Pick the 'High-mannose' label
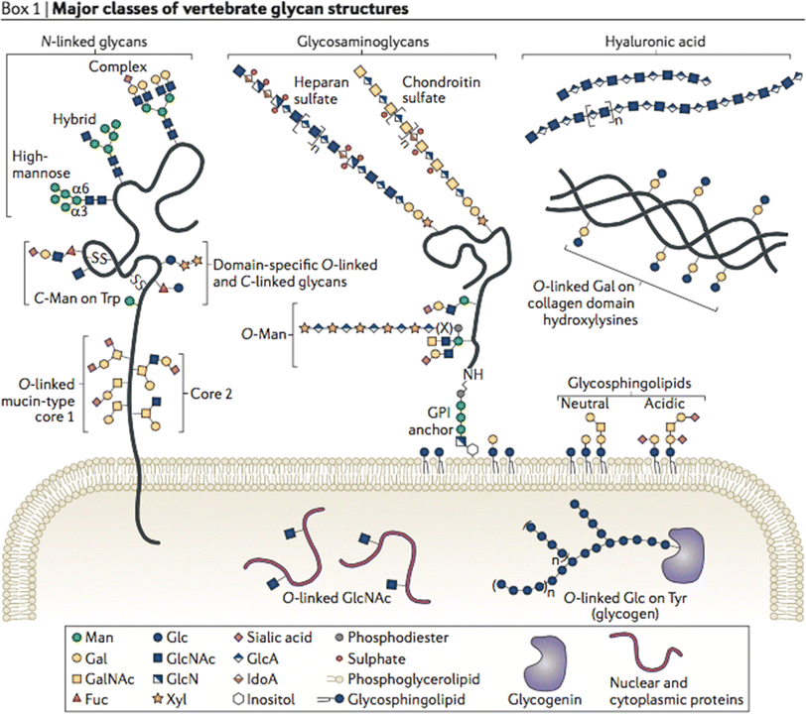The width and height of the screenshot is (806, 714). pyautogui.click(x=38, y=165)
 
